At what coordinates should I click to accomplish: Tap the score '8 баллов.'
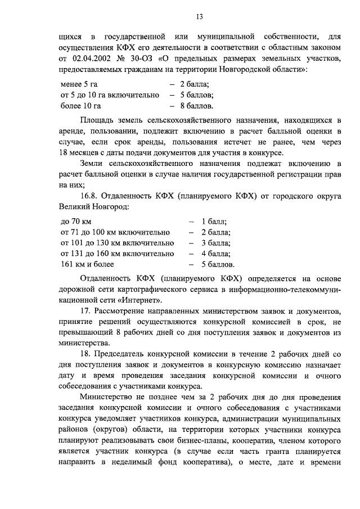point(196,105)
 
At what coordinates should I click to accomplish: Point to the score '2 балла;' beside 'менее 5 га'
point(195,84)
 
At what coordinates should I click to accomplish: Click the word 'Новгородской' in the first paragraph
point(263,69)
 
